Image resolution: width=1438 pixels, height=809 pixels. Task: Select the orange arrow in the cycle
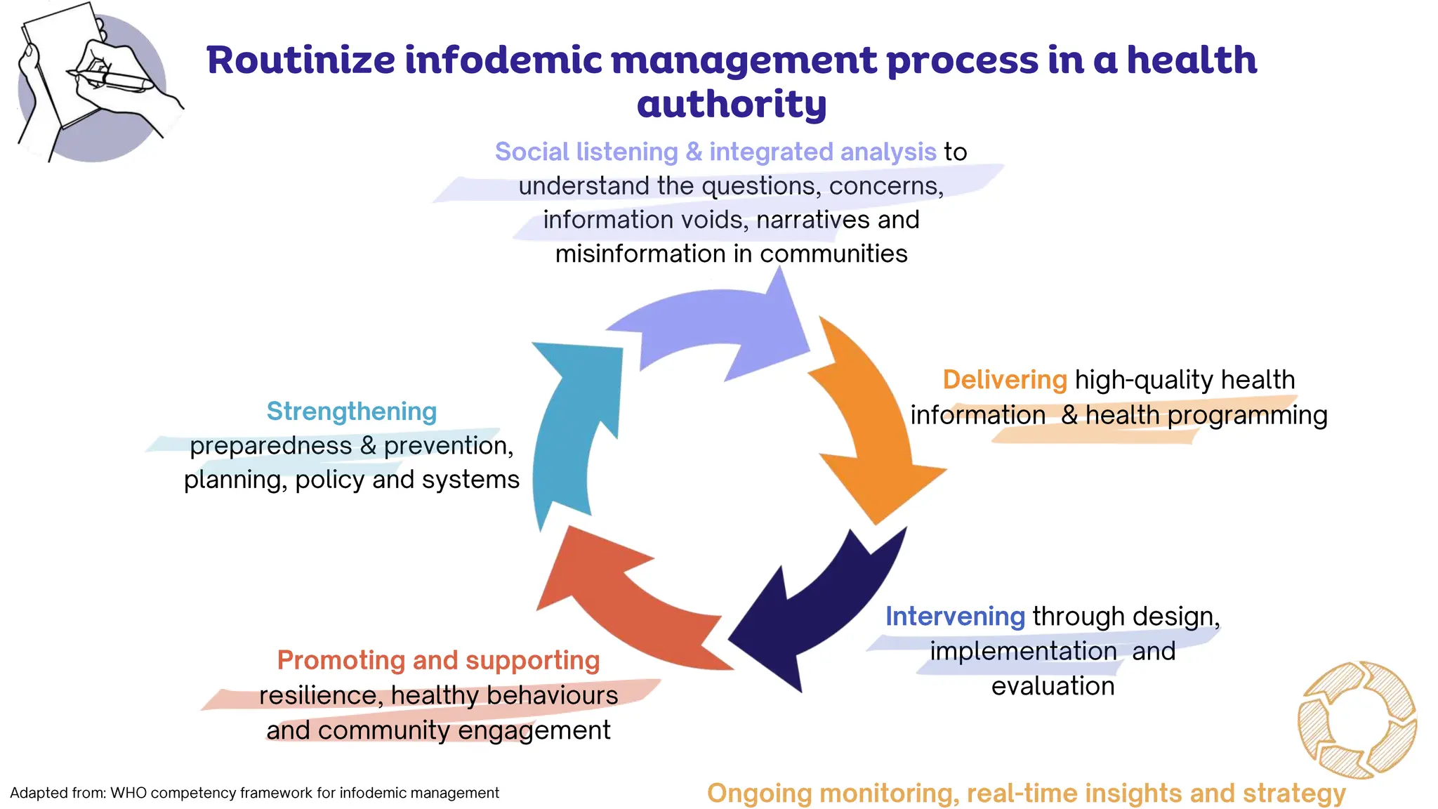tap(871, 421)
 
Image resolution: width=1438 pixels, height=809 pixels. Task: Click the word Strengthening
tap(351, 412)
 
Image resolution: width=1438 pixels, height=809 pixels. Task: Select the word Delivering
tap(1004, 380)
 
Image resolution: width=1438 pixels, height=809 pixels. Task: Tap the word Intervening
tap(954, 617)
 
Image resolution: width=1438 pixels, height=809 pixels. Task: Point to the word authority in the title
tap(732, 104)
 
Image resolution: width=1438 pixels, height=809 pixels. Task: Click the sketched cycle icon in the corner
tap(1357, 719)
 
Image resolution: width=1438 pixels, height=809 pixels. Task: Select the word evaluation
tap(1053, 686)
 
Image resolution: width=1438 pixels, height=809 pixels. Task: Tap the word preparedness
tap(271, 446)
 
